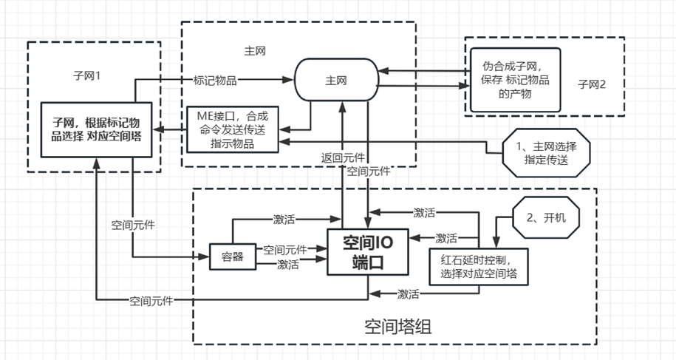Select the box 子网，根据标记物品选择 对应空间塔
[x=96, y=130]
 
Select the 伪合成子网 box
[x=515, y=79]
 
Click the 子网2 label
[x=591, y=84]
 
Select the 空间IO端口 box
[x=367, y=252]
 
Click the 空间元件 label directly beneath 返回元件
[x=369, y=171]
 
